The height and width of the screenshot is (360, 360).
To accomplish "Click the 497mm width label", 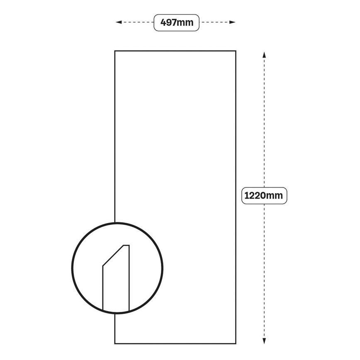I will click(177, 22).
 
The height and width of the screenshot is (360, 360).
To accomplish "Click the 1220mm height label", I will click(264, 196).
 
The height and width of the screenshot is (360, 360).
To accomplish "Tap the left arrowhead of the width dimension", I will click(119, 22).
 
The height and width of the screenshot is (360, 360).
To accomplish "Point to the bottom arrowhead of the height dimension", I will click(264, 341).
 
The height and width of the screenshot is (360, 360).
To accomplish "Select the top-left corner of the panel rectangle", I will click(115, 51).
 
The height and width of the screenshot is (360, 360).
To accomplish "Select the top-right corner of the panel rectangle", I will click(236, 51).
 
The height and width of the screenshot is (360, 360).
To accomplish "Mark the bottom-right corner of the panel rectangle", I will click(236, 343).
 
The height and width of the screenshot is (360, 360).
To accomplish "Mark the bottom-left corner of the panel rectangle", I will click(115, 343).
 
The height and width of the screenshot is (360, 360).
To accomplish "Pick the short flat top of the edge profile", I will click(126, 246).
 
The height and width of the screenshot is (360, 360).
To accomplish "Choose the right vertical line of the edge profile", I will click(129, 278).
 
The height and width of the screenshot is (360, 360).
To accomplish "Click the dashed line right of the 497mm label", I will click(216, 22).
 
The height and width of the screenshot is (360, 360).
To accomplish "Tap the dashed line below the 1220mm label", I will click(264, 270).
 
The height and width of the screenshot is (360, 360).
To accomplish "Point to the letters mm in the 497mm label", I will click(186, 22).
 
